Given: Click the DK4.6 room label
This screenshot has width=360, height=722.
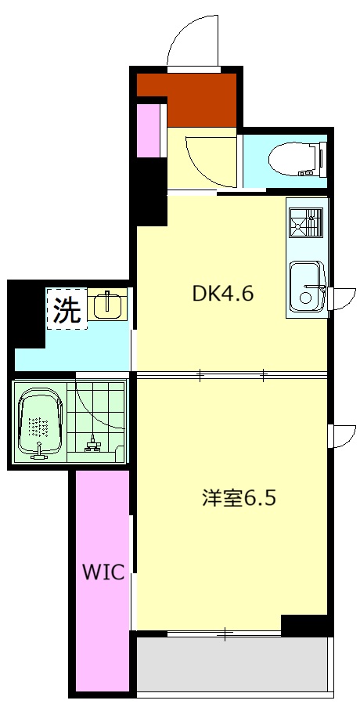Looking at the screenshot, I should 224,294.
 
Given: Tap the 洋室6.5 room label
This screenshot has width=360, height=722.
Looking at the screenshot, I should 239,498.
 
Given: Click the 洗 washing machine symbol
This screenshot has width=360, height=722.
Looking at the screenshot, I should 67,311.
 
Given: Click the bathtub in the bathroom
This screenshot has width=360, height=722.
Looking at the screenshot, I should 41,424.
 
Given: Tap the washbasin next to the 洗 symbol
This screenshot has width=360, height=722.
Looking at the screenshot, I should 106,304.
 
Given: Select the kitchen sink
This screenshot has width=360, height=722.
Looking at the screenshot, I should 307,287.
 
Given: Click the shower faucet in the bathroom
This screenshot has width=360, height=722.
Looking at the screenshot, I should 93,445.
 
